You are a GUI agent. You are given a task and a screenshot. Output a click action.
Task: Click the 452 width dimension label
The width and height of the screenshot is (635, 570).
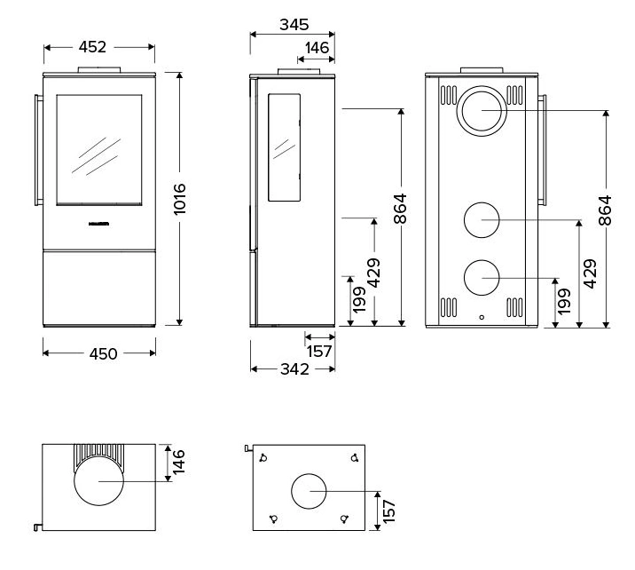(x=98, y=47)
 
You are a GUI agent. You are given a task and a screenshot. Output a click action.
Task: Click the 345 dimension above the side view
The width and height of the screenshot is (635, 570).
(x=294, y=26)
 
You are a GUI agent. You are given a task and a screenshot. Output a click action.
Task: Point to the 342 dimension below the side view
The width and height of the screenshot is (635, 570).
(x=292, y=369)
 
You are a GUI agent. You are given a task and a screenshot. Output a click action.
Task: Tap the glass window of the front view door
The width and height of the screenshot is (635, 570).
(x=98, y=150)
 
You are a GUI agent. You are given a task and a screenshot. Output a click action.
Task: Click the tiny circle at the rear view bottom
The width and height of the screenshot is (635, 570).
(x=482, y=316)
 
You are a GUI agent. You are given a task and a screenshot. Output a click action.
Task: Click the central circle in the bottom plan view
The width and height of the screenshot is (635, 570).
(x=309, y=492)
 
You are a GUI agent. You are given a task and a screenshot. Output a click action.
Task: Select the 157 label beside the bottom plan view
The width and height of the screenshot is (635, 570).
(x=388, y=511)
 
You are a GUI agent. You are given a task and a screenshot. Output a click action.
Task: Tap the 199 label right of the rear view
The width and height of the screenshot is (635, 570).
(x=564, y=303)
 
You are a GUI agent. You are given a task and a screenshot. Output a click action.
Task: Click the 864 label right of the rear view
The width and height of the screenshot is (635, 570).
(x=606, y=211)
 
